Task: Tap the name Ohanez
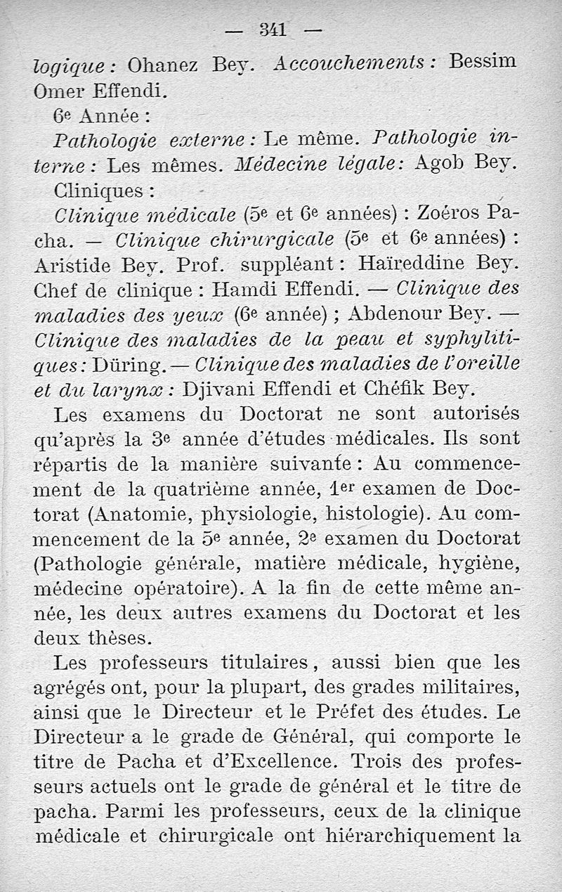(165, 65)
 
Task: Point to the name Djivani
(225, 388)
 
